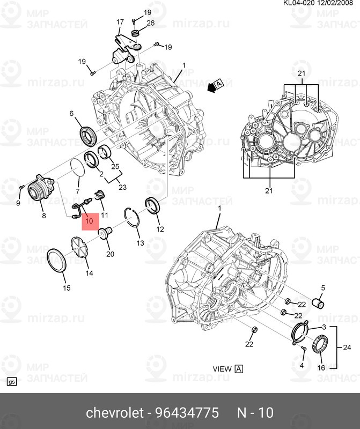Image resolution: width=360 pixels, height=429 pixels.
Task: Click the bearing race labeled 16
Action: coord(321,343)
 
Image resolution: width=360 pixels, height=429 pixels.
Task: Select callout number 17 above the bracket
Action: coord(120,22)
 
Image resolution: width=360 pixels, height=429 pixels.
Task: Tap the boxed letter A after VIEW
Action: coord(239,369)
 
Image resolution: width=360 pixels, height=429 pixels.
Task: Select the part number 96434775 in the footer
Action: coord(188,413)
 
